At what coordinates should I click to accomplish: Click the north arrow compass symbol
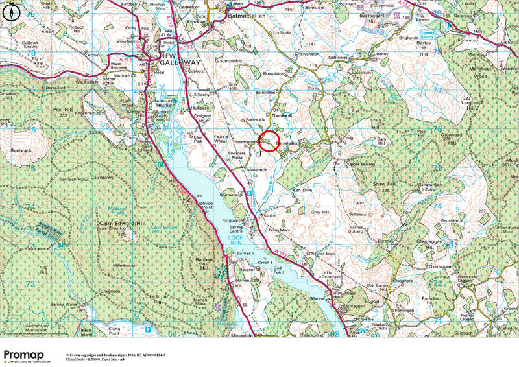click(x=12, y=11)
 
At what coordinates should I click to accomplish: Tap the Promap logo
click(x=27, y=355)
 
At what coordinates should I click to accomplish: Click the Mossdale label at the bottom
click(x=245, y=335)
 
